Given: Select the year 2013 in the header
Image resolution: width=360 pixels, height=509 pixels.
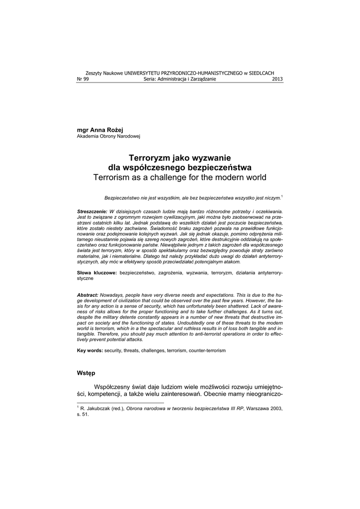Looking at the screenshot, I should [x=277, y=79].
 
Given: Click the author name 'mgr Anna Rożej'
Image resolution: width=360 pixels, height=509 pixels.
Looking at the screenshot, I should [x=96, y=129].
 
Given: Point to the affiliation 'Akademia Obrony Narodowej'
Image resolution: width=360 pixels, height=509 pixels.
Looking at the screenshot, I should [x=109, y=136].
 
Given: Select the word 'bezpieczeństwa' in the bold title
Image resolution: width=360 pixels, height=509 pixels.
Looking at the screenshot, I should [x=218, y=168].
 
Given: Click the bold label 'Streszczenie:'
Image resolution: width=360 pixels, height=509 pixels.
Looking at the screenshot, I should [x=92, y=212].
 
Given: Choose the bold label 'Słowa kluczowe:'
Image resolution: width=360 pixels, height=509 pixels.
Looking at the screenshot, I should [x=97, y=273].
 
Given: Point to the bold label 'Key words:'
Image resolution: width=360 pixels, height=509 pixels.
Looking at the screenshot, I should [x=90, y=350].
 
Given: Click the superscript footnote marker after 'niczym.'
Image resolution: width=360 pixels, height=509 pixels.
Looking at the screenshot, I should [x=282, y=196].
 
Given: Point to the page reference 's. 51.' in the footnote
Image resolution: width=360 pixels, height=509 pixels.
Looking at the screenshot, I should [x=83, y=415].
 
